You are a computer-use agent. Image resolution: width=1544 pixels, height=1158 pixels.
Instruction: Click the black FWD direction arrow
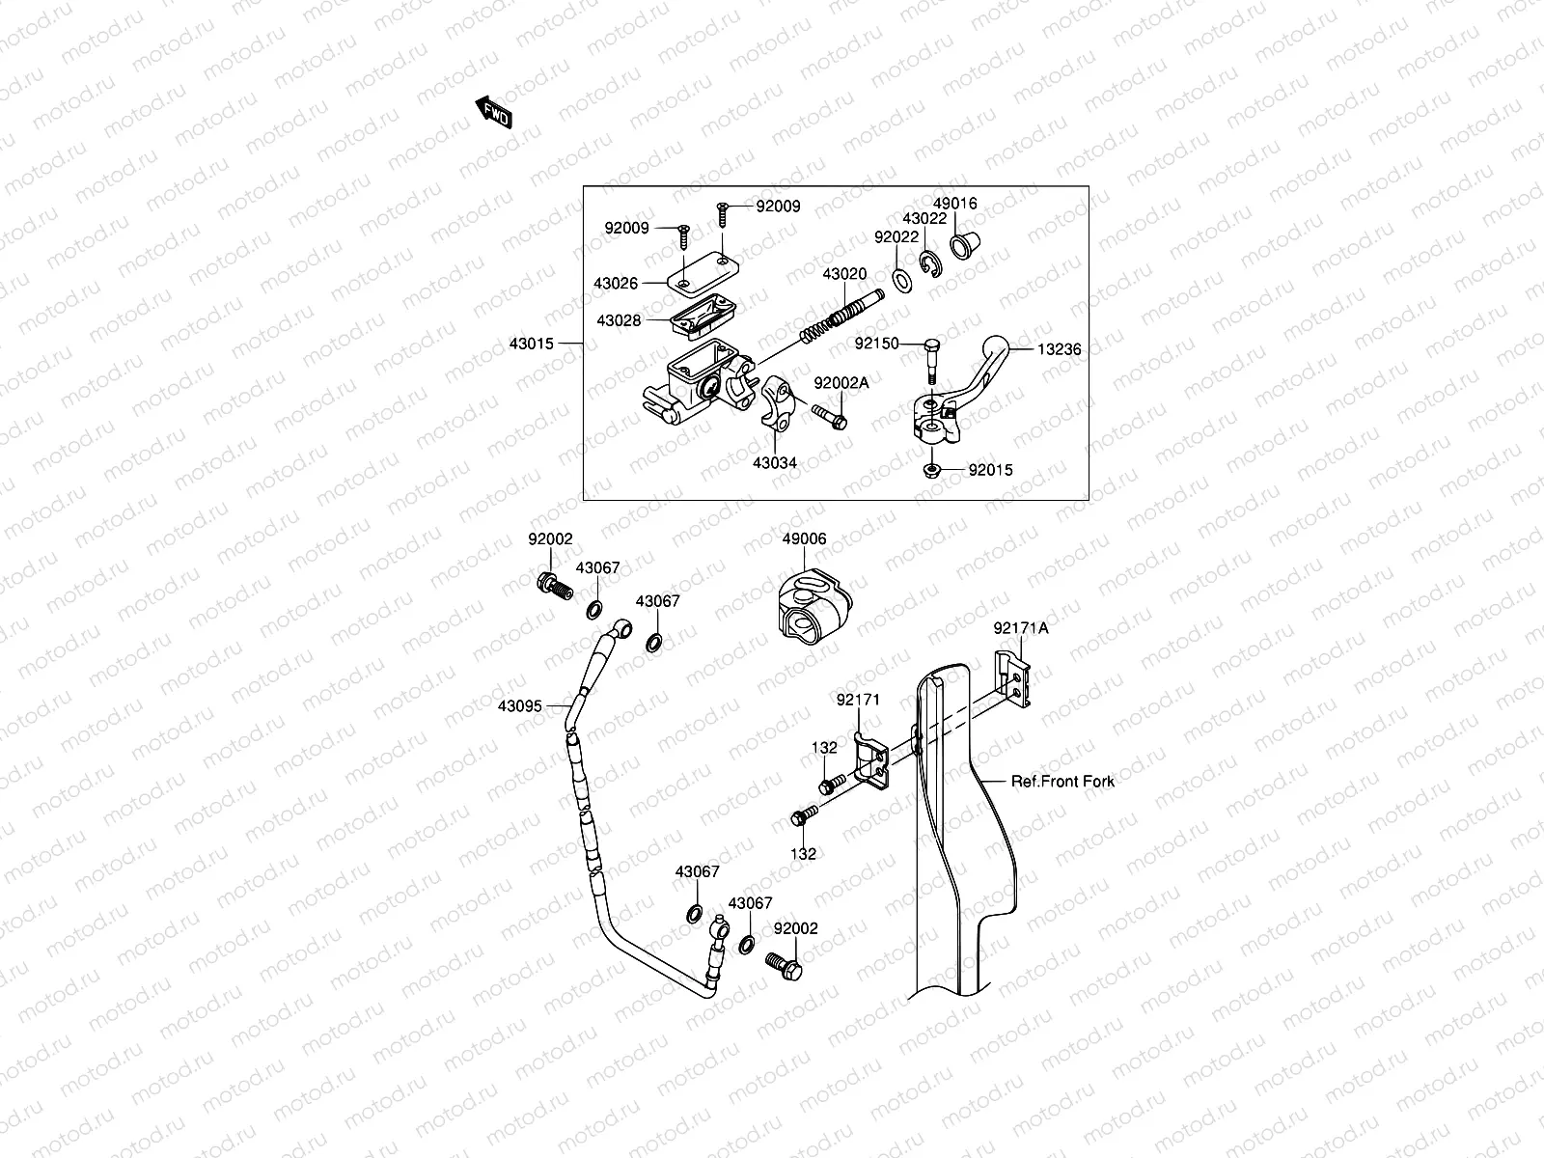(x=494, y=113)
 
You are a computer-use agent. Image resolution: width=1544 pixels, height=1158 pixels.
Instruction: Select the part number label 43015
(x=531, y=344)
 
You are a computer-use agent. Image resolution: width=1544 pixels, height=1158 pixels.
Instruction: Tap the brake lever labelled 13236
(x=962, y=390)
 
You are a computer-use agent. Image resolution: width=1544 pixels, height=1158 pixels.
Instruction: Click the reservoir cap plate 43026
(x=702, y=273)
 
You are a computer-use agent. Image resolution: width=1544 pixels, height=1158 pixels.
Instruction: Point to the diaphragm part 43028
(x=703, y=317)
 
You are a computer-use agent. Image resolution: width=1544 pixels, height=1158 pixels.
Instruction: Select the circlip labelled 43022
(x=930, y=263)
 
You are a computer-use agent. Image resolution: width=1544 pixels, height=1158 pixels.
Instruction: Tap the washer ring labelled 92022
(x=901, y=280)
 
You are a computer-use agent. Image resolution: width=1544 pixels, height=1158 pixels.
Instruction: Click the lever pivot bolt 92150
(x=931, y=361)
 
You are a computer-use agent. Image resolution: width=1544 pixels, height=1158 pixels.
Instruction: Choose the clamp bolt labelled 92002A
(x=830, y=417)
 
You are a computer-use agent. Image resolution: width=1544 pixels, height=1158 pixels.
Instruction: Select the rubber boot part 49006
(x=815, y=606)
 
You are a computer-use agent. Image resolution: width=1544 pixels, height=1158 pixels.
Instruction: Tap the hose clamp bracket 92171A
(x=1013, y=678)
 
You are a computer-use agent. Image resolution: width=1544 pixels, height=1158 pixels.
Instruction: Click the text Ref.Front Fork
(x=1062, y=781)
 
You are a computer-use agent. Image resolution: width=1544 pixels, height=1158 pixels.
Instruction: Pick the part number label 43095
(x=520, y=706)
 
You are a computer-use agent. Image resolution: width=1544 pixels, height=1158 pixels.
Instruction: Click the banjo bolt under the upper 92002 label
(x=555, y=587)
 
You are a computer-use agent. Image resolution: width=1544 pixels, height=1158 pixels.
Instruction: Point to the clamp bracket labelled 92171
(x=870, y=760)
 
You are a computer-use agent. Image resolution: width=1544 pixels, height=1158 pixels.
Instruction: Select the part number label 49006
(x=804, y=538)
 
